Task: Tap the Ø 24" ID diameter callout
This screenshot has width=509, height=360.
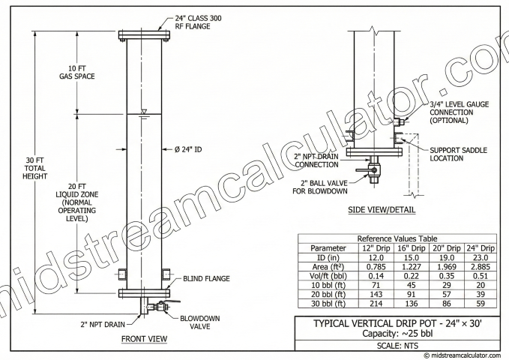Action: click(190, 149)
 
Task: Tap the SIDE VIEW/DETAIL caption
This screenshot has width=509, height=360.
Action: click(383, 211)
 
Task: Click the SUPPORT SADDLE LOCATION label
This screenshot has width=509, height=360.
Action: click(456, 154)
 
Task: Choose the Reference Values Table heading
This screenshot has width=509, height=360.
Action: click(397, 237)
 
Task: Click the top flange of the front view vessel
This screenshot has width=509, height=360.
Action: click(144, 35)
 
